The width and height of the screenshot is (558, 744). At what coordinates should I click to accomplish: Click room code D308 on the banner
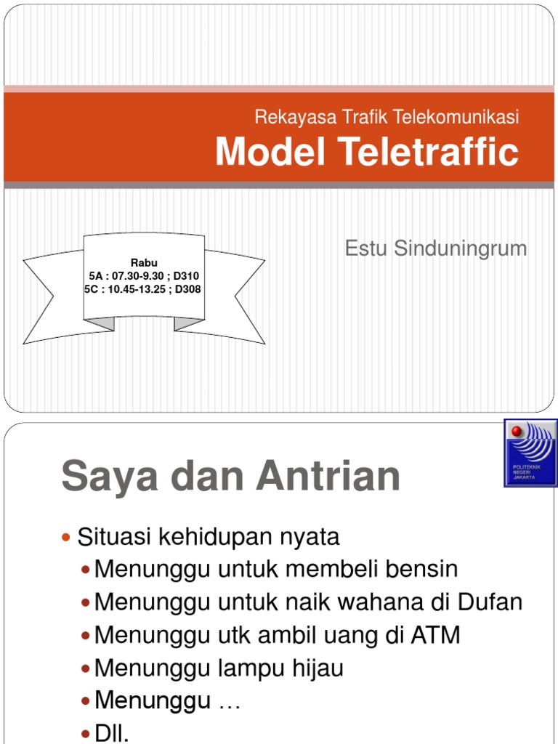click(187, 289)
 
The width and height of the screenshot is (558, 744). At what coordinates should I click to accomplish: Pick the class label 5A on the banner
click(96, 276)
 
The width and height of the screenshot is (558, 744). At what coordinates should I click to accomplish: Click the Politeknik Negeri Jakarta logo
click(530, 452)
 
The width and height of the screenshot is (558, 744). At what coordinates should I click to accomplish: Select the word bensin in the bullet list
click(424, 569)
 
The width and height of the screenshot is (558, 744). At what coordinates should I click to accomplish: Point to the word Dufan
click(490, 602)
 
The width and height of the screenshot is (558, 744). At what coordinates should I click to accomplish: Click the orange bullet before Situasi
click(67, 538)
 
